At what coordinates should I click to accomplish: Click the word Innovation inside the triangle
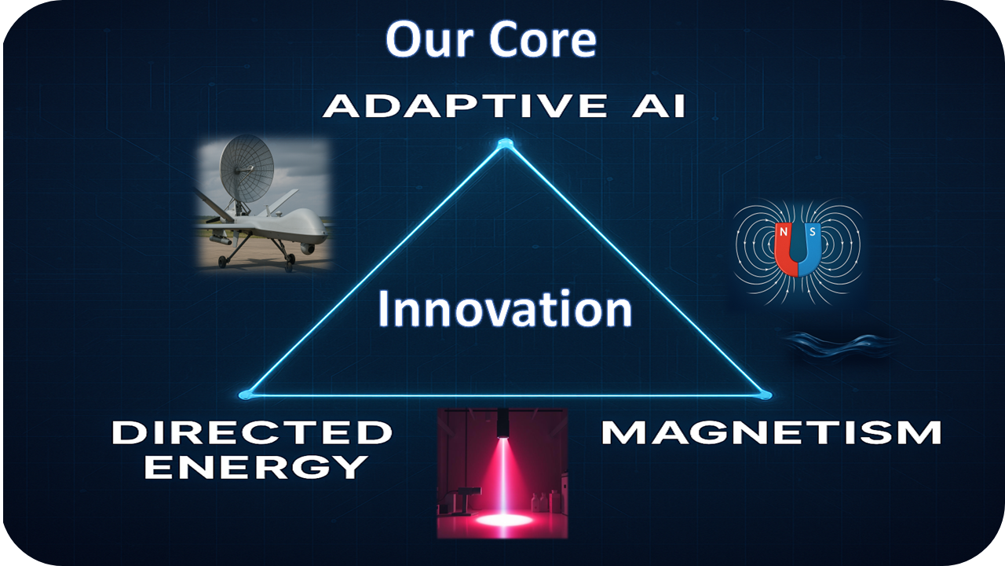click(x=505, y=309)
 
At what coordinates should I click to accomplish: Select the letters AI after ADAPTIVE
click(x=659, y=105)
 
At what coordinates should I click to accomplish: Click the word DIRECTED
click(x=252, y=432)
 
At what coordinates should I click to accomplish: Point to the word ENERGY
click(x=256, y=467)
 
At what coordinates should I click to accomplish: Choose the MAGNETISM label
click(x=771, y=432)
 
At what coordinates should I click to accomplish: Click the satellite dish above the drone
click(x=247, y=168)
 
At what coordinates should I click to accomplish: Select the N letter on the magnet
click(x=784, y=232)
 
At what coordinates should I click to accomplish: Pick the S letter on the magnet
click(x=812, y=232)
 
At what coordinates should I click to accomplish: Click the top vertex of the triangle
click(x=505, y=144)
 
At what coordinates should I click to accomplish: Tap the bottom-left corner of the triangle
click(x=246, y=395)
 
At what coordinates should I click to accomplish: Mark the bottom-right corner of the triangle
click(x=765, y=395)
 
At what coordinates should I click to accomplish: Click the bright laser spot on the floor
click(x=504, y=520)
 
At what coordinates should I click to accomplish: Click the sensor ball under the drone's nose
click(x=307, y=248)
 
